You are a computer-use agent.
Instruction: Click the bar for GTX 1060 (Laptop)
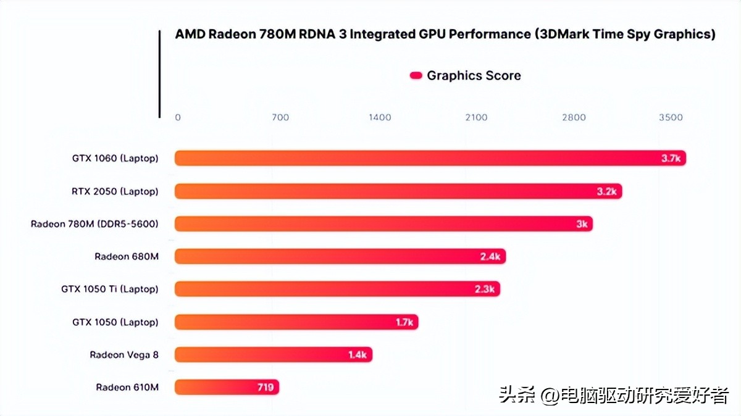pyautogui.click(x=426, y=159)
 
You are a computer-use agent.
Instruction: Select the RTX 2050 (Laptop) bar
pyautogui.click(x=395, y=191)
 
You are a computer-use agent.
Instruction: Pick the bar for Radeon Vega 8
pyautogui.click(x=272, y=354)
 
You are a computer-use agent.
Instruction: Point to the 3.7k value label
pyautogui.click(x=671, y=159)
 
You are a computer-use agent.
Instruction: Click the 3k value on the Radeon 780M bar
pyautogui.click(x=582, y=224)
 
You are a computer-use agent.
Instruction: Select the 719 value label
pyautogui.click(x=266, y=387)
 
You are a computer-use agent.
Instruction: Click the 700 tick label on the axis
pyautogui.click(x=280, y=117)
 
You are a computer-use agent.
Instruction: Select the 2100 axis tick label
pyautogui.click(x=476, y=117)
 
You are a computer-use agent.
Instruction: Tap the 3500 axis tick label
pyautogui.click(x=671, y=117)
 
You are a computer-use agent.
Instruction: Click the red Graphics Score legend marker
pyautogui.click(x=416, y=76)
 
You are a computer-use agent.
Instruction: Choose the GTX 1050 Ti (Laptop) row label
pyautogui.click(x=109, y=289)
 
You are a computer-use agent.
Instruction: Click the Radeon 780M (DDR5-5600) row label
pyautogui.click(x=94, y=224)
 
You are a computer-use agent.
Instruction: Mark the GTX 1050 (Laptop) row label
pyautogui.click(x=115, y=322)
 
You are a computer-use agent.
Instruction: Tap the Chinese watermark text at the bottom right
pyautogui.click(x=614, y=395)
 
